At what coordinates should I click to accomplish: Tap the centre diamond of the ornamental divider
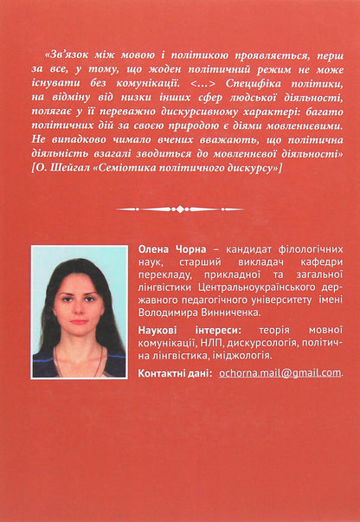point(179,208)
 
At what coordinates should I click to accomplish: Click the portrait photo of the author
point(80,312)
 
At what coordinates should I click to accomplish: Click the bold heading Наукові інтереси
point(181,330)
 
